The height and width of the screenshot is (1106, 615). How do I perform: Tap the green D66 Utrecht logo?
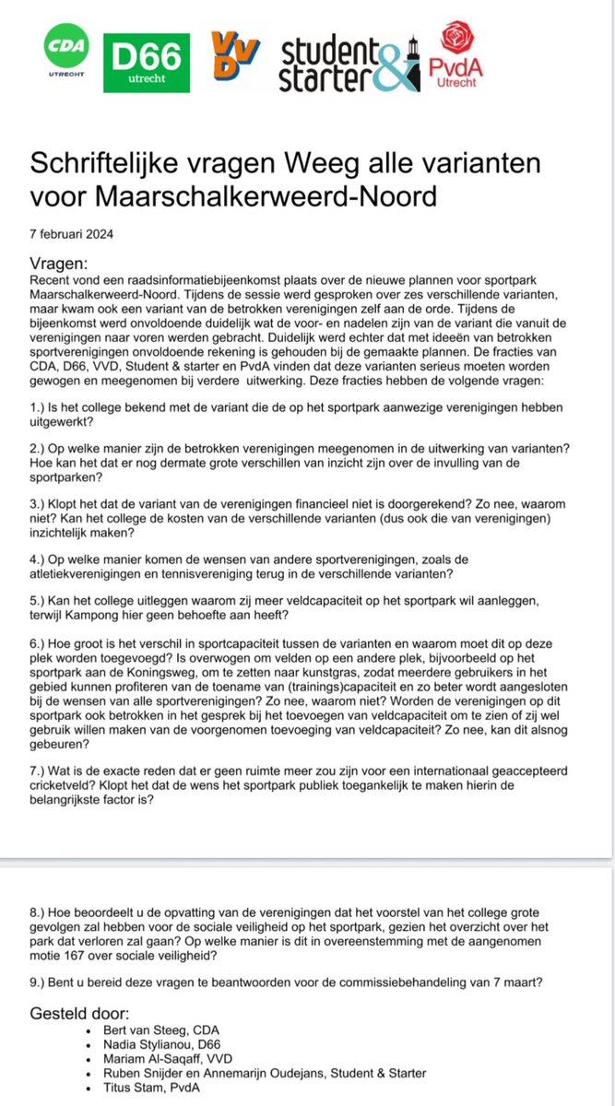147,62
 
